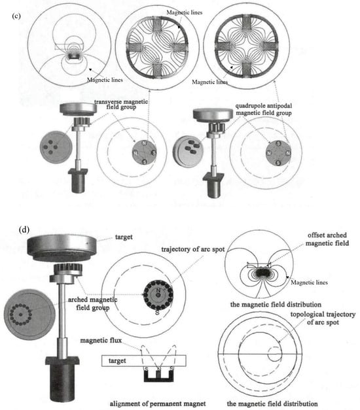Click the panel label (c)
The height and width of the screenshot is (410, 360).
(x=16, y=16)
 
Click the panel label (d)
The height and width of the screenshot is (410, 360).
(x=24, y=230)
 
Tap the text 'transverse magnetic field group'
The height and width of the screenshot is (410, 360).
(x=121, y=105)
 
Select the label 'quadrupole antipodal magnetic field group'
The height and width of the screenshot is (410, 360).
(x=264, y=109)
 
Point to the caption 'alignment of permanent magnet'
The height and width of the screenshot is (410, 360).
(x=158, y=403)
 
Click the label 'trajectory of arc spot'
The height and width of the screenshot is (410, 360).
(x=193, y=249)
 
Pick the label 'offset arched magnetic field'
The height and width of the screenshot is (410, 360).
(x=327, y=239)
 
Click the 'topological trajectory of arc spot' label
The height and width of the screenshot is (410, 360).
(x=323, y=318)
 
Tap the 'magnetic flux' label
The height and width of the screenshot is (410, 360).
(x=101, y=341)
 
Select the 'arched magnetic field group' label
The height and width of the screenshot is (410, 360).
(x=92, y=303)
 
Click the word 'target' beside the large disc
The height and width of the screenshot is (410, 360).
(x=124, y=237)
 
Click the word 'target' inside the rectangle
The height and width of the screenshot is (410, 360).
(x=117, y=361)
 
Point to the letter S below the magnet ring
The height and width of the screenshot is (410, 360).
(x=157, y=312)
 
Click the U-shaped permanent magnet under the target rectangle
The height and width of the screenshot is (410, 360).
(x=158, y=375)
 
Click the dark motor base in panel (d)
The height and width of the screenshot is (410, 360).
(x=62, y=377)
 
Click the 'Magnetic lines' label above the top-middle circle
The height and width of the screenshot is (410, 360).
(x=185, y=12)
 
